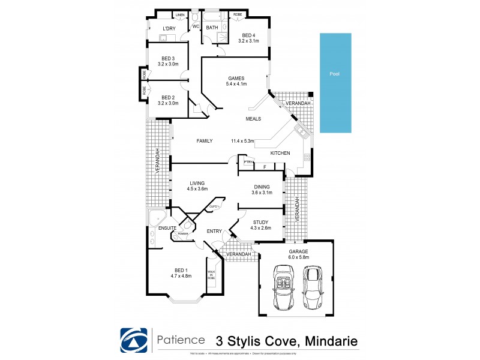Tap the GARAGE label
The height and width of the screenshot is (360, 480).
tap(298, 251)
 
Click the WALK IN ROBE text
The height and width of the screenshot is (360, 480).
tap(211, 275)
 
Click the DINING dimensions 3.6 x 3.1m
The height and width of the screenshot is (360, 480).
tap(262, 193)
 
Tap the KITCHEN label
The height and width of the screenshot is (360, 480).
tap(280, 154)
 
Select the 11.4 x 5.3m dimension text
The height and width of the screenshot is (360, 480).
tap(244, 141)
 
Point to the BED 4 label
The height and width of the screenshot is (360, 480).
tap(248, 35)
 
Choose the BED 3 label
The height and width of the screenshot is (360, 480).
tap(168, 58)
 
